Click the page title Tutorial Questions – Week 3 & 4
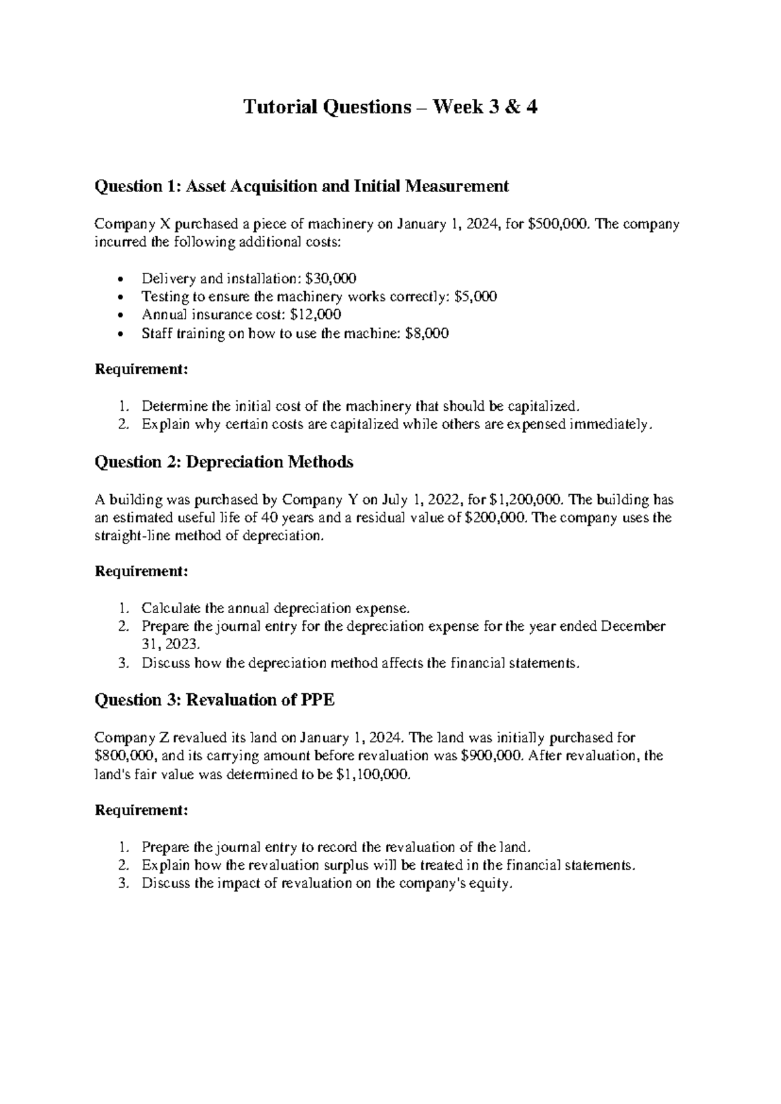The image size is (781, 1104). (x=390, y=107)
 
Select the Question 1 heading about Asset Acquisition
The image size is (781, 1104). (x=301, y=187)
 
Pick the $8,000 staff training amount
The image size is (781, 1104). (x=426, y=333)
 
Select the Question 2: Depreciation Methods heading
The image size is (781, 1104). (x=224, y=462)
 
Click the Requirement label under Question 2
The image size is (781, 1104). (x=141, y=572)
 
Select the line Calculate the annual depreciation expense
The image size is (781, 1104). (x=276, y=609)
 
